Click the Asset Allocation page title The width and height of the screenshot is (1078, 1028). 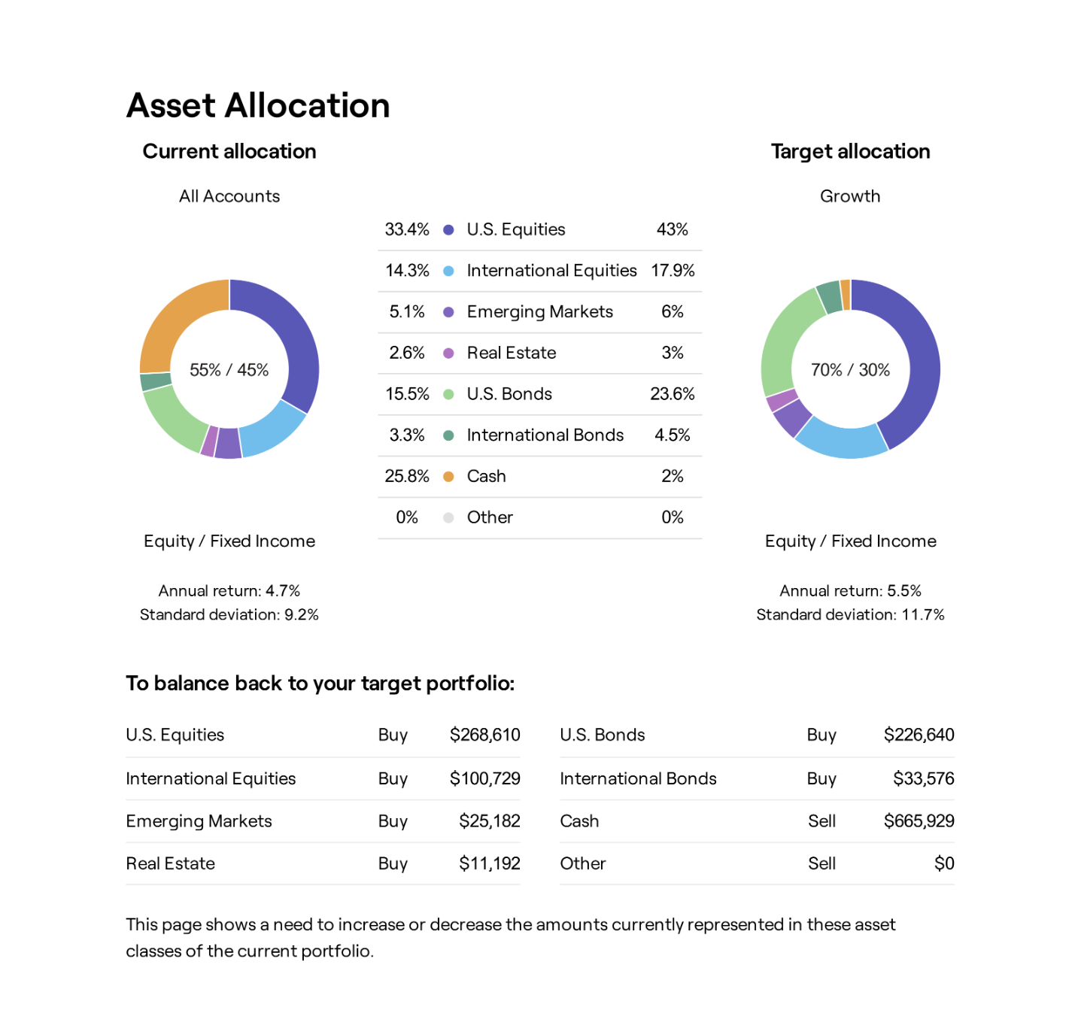point(258,105)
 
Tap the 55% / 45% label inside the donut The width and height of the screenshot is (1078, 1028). point(229,370)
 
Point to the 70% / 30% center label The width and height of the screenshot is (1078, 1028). point(850,370)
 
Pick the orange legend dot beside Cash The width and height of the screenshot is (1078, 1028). point(448,477)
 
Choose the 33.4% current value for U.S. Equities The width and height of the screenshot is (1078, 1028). point(407,229)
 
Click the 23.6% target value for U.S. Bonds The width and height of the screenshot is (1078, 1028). point(673,394)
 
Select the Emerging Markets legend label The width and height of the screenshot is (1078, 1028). point(539,312)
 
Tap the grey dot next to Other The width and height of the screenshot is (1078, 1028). point(448,517)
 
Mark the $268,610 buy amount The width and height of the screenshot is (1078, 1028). point(484,735)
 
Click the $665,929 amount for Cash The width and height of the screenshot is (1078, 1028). point(919,821)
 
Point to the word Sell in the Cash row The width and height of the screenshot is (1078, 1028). point(821,821)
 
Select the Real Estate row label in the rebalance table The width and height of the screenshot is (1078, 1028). point(171,863)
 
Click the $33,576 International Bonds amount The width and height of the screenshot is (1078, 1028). point(923,778)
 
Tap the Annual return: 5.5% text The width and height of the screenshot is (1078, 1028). point(850,591)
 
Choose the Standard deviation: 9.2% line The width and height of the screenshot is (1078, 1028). point(229,615)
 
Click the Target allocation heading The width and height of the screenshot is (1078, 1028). point(850,151)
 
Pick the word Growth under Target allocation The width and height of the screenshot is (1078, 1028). point(850,196)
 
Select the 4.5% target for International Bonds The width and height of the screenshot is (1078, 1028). point(673,435)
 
